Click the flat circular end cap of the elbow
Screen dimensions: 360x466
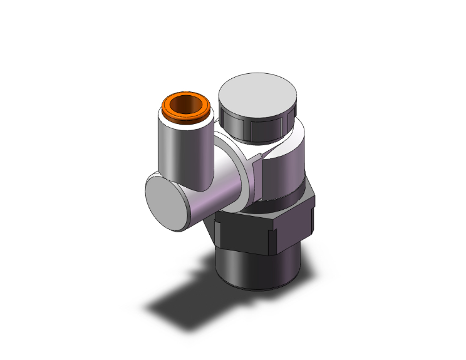pos(166,202)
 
